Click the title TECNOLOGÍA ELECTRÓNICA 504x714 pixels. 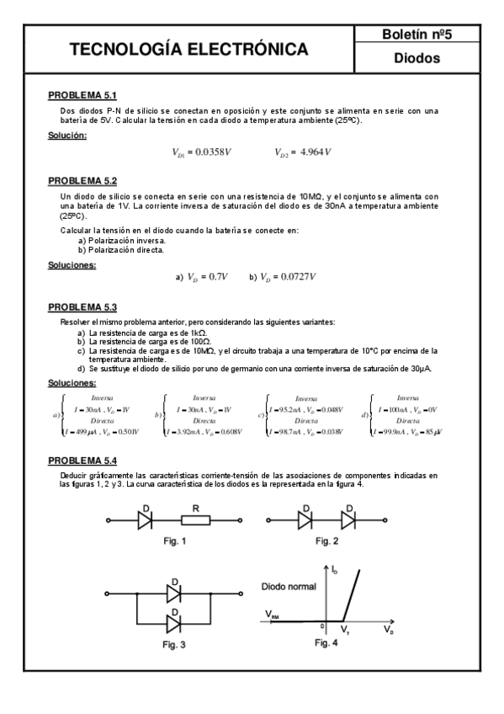189,51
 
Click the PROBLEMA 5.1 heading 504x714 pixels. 82,95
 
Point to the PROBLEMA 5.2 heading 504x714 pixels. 82,180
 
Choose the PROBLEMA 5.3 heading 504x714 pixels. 82,307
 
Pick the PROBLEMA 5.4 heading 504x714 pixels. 82,461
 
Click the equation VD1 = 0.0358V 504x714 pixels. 201,152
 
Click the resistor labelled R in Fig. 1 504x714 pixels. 194,521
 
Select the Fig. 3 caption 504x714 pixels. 174,644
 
